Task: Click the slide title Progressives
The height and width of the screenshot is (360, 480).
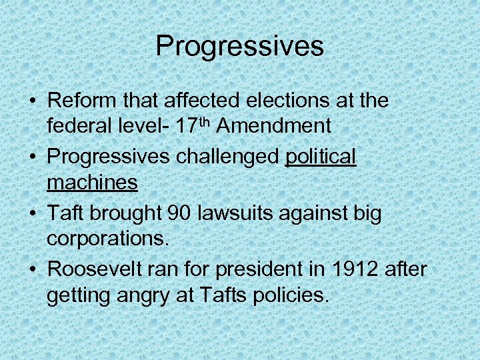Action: (x=240, y=47)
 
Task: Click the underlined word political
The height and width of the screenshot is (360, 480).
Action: (x=321, y=157)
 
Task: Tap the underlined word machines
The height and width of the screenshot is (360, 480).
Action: (x=92, y=183)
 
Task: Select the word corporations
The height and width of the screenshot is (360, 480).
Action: (x=106, y=238)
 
